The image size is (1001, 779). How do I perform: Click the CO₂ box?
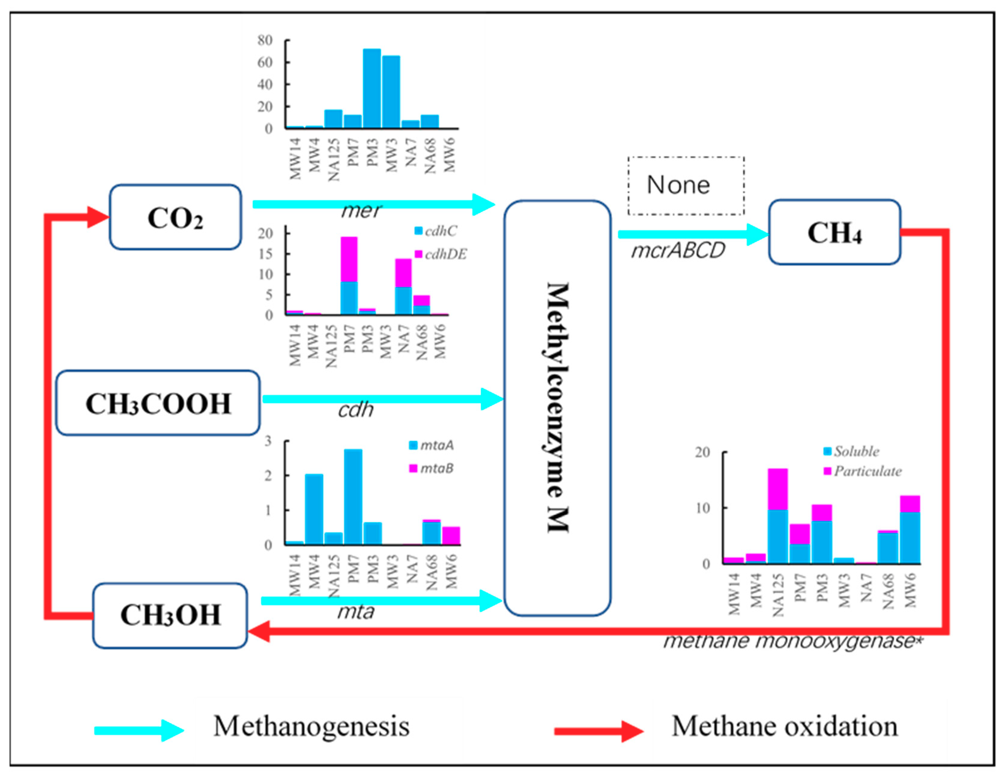click(x=175, y=217)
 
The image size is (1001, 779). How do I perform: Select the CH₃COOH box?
click(x=158, y=403)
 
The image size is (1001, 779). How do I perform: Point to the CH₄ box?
click(x=834, y=232)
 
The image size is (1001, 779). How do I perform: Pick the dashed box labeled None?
click(x=686, y=186)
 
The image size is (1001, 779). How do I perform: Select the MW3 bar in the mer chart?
click(x=391, y=92)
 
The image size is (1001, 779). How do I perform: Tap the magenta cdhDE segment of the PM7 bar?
click(x=349, y=259)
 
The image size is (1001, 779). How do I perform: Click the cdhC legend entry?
click(x=435, y=231)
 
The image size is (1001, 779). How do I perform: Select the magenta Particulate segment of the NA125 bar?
click(x=778, y=489)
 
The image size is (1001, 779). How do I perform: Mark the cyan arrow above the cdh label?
click(x=383, y=399)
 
